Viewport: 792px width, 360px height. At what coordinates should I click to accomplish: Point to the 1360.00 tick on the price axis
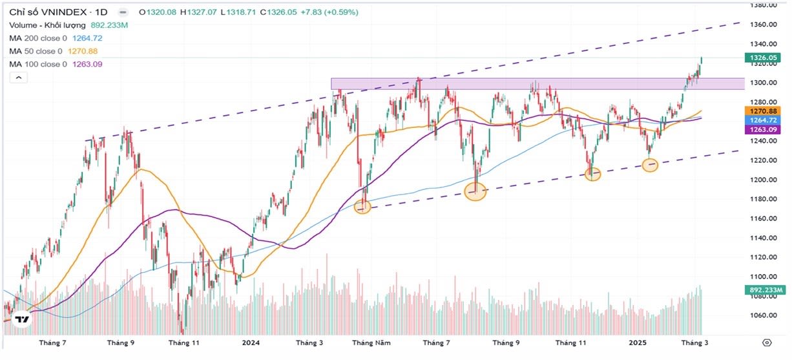(762, 25)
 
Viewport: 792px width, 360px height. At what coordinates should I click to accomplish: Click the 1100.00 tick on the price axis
(762, 277)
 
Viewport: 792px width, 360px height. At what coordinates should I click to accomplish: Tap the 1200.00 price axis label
(762, 180)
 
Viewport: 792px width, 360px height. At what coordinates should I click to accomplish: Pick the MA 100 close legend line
(56, 64)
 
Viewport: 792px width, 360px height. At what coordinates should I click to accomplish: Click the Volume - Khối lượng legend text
(68, 25)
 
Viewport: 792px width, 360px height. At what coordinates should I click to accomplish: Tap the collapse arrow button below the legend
(18, 78)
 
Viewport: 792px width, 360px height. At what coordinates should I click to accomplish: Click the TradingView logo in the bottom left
(22, 320)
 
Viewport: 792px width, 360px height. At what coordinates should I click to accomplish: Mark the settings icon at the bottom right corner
(767, 343)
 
